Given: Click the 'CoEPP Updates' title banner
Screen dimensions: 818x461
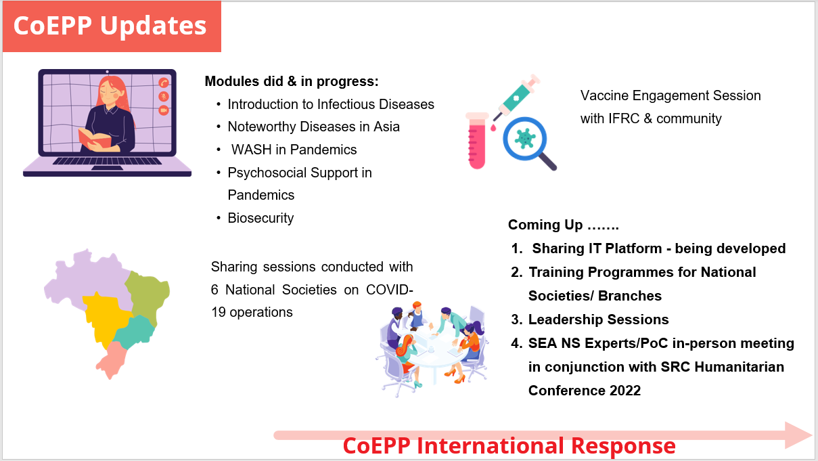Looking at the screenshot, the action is pyautogui.click(x=112, y=26).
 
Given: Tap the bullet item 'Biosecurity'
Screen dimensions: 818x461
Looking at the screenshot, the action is pyautogui.click(x=260, y=218).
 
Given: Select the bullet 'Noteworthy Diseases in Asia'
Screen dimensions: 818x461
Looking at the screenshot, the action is pyautogui.click(x=313, y=127).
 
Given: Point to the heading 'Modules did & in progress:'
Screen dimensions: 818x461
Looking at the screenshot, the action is pyautogui.click(x=292, y=81).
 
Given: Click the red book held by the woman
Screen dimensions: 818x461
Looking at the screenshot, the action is pyautogui.click(x=94, y=138).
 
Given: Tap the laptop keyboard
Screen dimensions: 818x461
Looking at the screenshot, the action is pyautogui.click(x=107, y=160).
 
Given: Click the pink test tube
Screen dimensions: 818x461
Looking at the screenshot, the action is pyautogui.click(x=477, y=141).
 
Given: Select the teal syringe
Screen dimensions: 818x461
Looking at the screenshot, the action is pyautogui.click(x=516, y=97).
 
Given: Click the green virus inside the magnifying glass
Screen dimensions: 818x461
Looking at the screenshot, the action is pyautogui.click(x=525, y=139).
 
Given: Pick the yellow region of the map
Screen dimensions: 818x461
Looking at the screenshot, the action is pyautogui.click(x=104, y=317).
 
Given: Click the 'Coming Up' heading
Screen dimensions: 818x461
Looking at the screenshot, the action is pyautogui.click(x=563, y=225).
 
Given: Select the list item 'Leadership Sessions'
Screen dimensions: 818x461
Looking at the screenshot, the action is pyautogui.click(x=598, y=320).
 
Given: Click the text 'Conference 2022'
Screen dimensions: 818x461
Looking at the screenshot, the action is pyautogui.click(x=585, y=391).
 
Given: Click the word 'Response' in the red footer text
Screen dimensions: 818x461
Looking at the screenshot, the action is pyautogui.click(x=623, y=446).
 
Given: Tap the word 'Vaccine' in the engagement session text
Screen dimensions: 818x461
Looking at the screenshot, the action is pyautogui.click(x=604, y=95).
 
